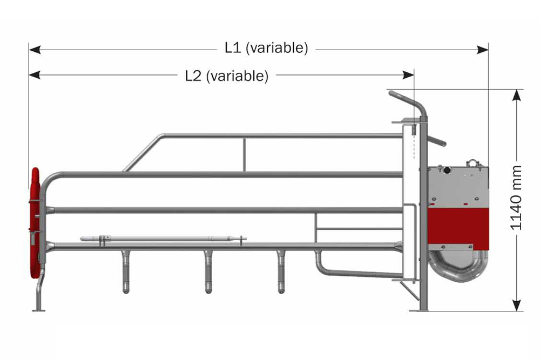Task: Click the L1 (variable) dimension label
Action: coord(266,48)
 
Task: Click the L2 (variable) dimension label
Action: coord(227,76)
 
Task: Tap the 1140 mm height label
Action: coord(516,198)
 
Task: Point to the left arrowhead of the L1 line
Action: coord(35,50)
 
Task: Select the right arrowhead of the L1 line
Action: coord(482,50)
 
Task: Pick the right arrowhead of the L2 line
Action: coord(408,74)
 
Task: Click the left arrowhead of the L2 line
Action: coord(35,74)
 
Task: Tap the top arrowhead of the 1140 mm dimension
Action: coord(516,96)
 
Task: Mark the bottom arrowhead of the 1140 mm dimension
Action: coord(516,305)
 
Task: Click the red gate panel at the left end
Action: coord(35,223)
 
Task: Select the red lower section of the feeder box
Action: coord(458,229)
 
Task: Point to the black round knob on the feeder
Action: coord(447,170)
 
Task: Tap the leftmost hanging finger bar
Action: coord(126,271)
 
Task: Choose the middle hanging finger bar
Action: coord(208,271)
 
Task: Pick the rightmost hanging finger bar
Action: coord(281,271)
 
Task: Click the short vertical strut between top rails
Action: coord(244,154)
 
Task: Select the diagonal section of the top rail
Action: coord(143,153)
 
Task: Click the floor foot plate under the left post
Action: coord(38,310)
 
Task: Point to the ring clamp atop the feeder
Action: coord(475,164)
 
